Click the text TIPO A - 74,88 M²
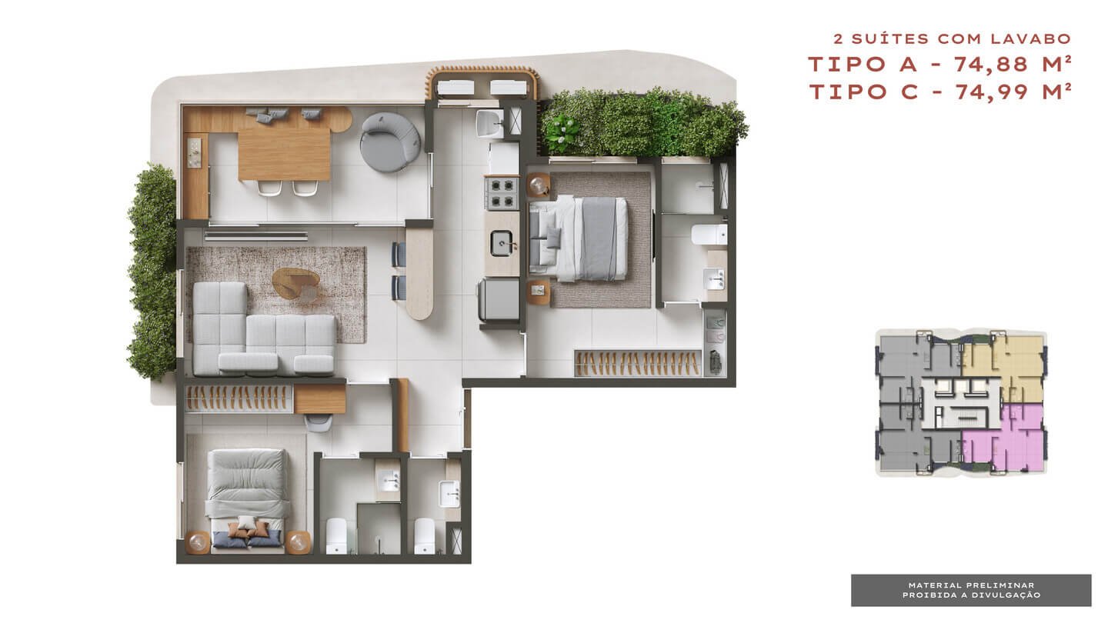click(x=939, y=65)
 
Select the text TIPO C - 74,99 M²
click(x=939, y=92)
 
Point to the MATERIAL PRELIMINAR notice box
click(x=971, y=591)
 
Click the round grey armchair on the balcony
click(x=390, y=142)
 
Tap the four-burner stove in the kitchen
click(x=502, y=193)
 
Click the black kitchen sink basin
click(x=502, y=243)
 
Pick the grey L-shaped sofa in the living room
click(x=264, y=329)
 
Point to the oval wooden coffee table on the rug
click(x=295, y=284)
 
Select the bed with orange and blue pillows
click(x=247, y=501)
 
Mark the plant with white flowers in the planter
click(x=562, y=131)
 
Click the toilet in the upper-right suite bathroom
click(x=709, y=235)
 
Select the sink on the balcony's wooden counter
click(x=195, y=153)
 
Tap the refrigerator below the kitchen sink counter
click(x=499, y=300)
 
